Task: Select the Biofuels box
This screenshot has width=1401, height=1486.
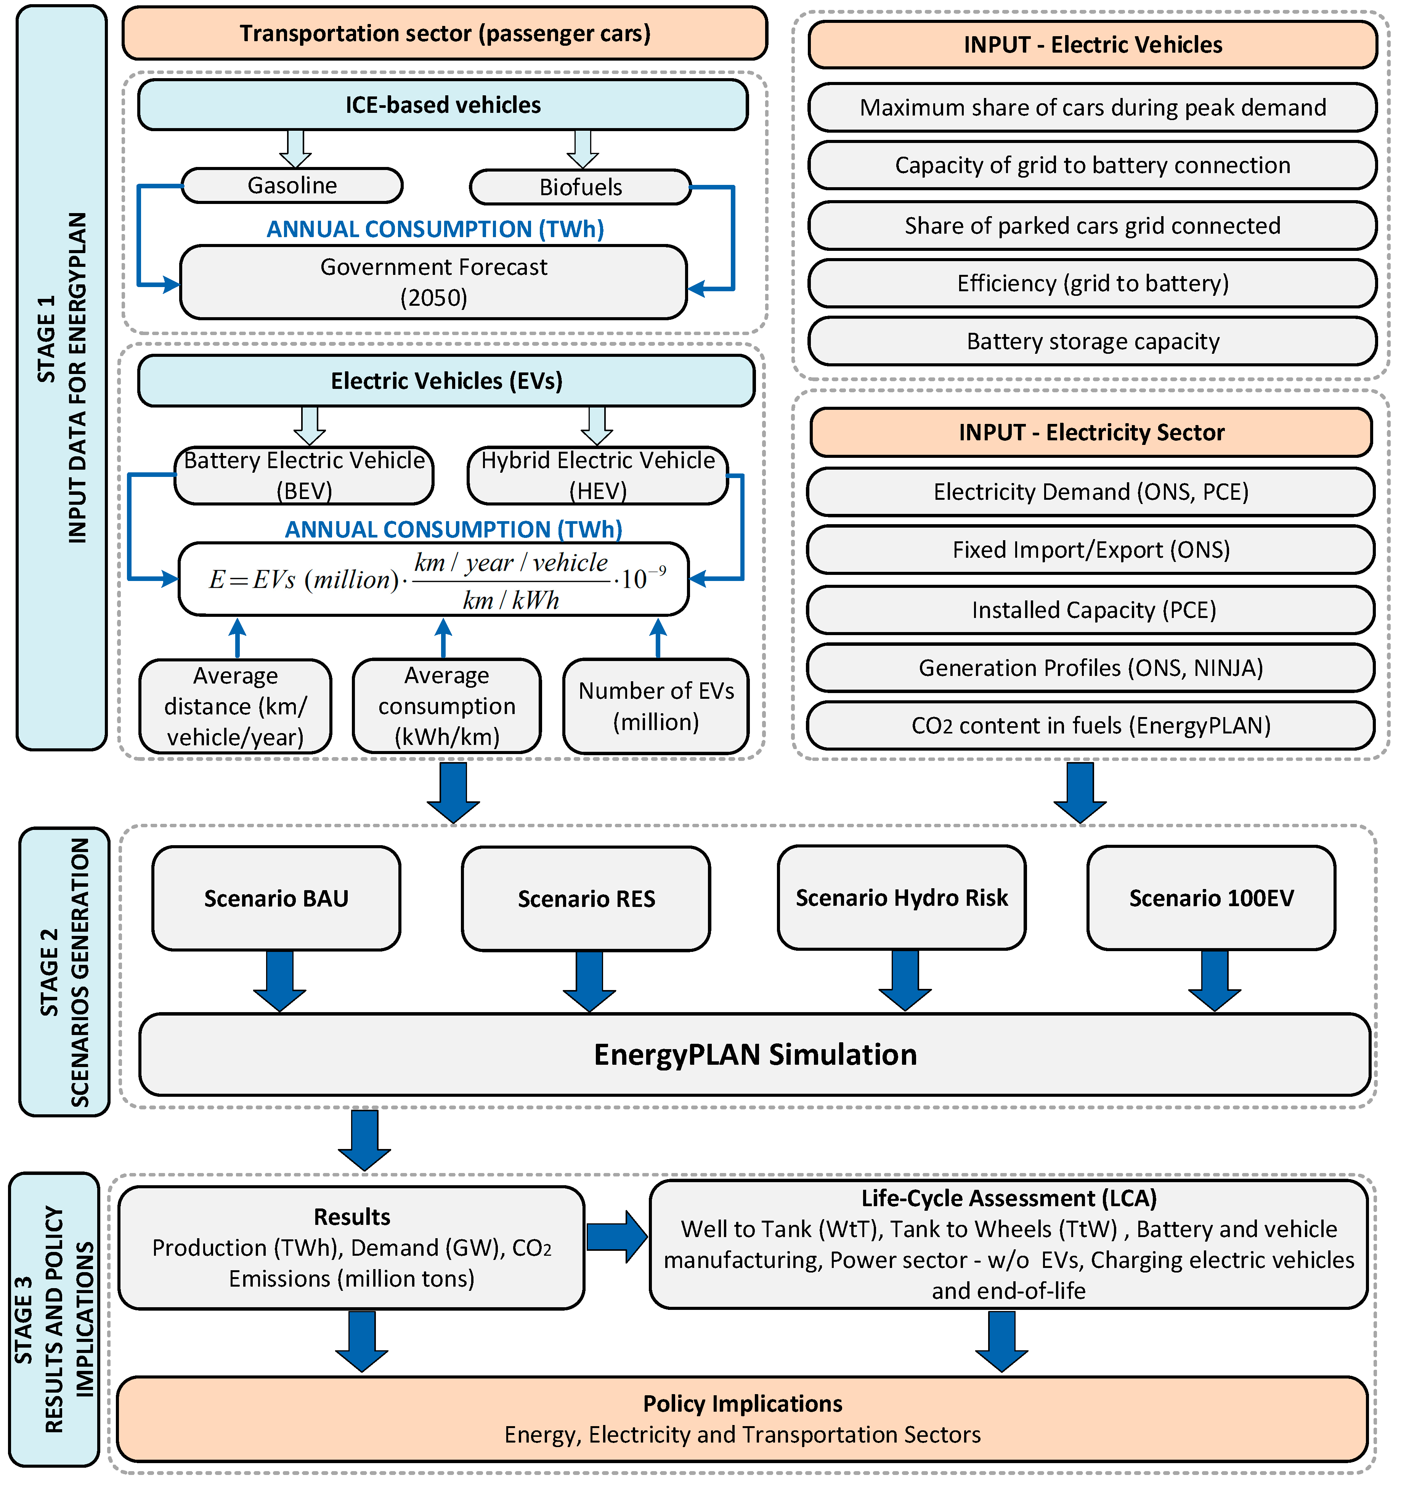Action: (x=580, y=187)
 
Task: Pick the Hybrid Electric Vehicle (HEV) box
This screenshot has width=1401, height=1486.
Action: (x=597, y=475)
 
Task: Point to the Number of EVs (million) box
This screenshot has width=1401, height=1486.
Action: (x=656, y=706)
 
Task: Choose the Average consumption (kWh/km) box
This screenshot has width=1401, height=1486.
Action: (x=446, y=706)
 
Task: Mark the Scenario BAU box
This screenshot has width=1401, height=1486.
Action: (x=276, y=899)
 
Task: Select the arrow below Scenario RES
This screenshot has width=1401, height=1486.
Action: (x=589, y=981)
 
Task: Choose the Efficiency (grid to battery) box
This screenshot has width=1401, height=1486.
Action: (x=1092, y=283)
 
